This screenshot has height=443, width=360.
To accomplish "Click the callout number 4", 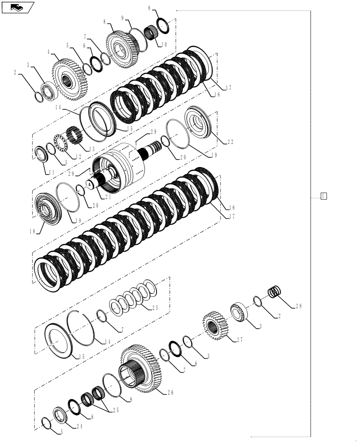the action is click(49, 52).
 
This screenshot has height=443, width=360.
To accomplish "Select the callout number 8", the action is click(104, 21).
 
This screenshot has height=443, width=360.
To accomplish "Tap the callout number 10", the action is click(164, 44).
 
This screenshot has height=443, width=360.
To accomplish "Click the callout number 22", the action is click(230, 142).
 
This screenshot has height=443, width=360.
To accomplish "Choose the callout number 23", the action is click(155, 308).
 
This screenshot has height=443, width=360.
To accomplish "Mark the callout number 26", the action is click(170, 392).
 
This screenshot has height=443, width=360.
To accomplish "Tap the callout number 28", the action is click(299, 306).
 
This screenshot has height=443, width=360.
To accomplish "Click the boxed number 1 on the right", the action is click(324, 196).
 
